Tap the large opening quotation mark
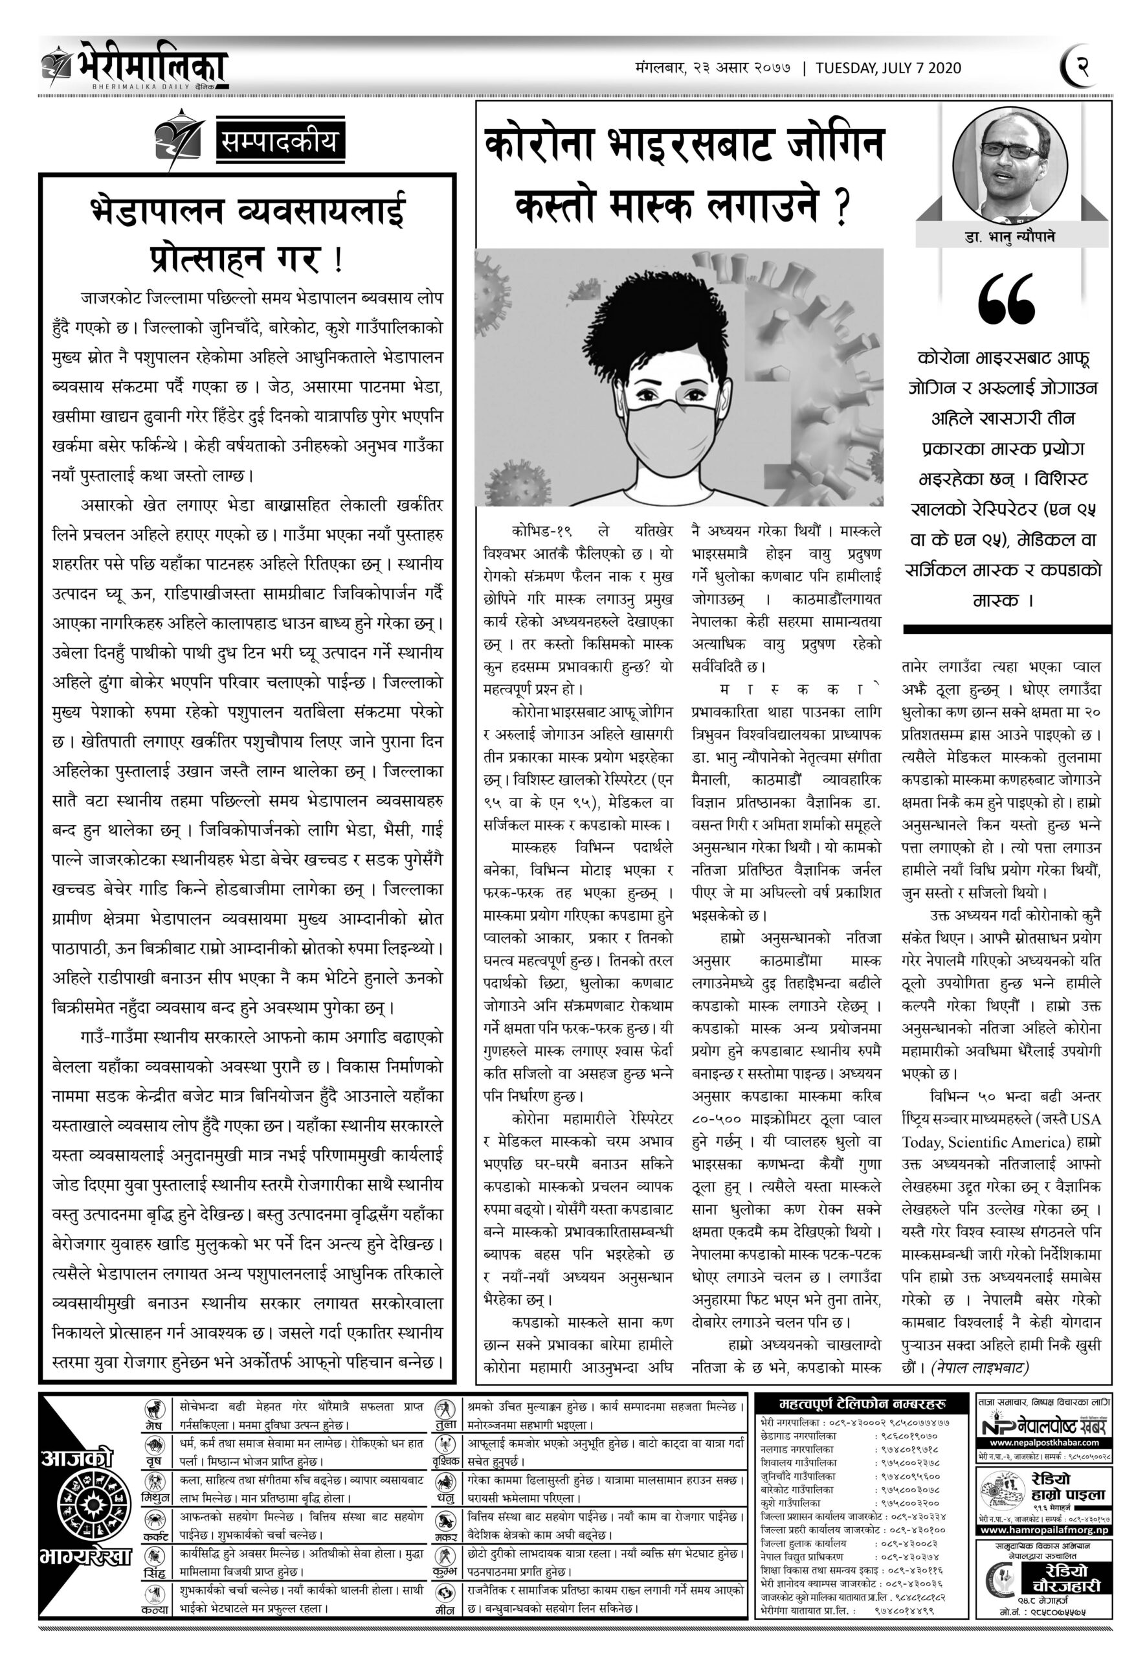pyautogui.click(x=1005, y=300)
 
